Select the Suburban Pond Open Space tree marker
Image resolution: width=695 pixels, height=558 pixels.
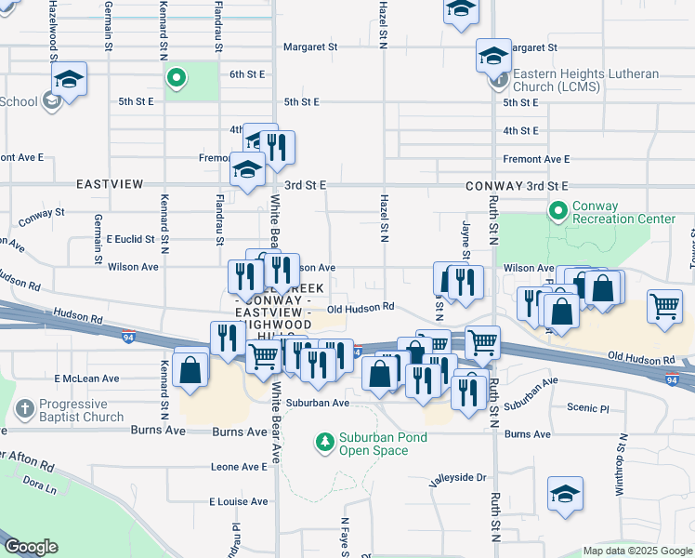(324, 439)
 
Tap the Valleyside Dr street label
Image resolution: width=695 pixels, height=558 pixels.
(457, 477)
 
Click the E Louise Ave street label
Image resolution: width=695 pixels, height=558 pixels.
(238, 501)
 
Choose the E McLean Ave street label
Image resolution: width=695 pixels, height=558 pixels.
(87, 379)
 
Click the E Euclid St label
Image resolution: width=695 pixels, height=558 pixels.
(129, 239)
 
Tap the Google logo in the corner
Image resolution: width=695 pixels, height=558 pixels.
(32, 547)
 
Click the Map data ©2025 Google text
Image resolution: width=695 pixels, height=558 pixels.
(636, 551)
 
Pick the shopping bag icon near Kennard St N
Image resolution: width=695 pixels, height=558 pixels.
(190, 369)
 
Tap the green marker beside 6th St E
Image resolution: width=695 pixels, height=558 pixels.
(175, 79)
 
